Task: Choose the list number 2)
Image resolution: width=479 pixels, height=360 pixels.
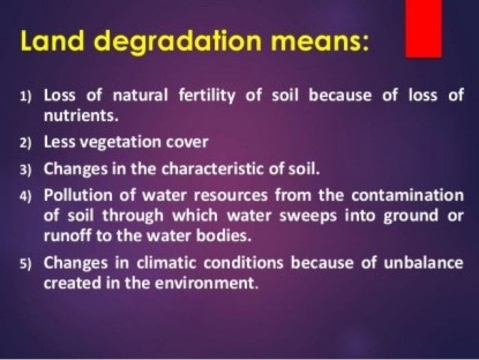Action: (26, 141)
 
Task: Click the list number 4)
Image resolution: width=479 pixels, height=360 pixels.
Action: (26, 195)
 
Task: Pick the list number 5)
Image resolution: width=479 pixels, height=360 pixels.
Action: (26, 264)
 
